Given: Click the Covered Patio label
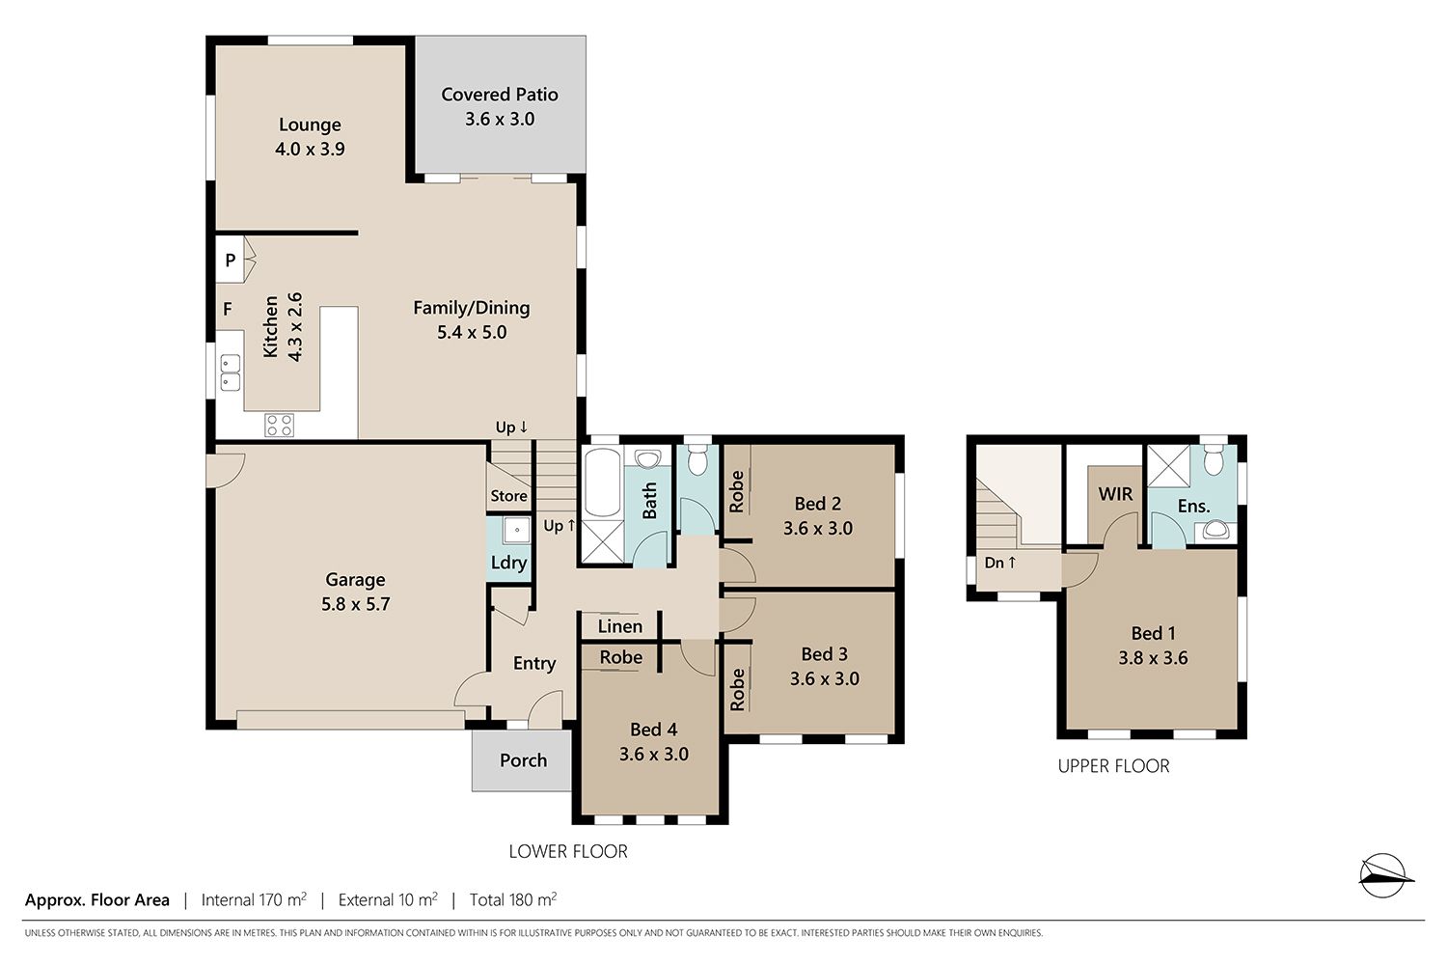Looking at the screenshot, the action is click(x=500, y=95).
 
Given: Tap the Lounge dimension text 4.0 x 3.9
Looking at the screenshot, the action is click(x=310, y=150).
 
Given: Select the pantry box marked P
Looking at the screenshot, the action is click(x=230, y=260).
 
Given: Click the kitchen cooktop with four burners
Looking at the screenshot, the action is click(x=280, y=426).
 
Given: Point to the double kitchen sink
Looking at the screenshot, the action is click(x=231, y=372).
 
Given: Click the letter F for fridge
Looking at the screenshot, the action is click(x=228, y=309).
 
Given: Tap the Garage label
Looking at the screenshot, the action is click(x=355, y=580).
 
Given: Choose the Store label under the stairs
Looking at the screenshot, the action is click(x=509, y=496).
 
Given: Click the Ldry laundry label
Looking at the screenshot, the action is click(x=509, y=563).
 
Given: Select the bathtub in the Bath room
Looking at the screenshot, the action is click(x=603, y=483).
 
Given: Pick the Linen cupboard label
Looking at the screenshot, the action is click(x=620, y=626).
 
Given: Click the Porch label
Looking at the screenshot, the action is click(x=523, y=760).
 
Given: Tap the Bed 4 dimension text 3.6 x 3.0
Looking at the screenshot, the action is click(x=654, y=755).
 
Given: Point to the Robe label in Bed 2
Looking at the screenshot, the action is click(x=737, y=492).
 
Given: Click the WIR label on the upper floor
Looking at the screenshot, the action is click(x=1115, y=494).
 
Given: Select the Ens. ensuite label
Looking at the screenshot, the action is click(x=1194, y=506).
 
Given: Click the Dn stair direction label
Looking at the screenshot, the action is click(x=1000, y=563).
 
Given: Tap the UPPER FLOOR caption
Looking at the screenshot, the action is click(x=1113, y=766).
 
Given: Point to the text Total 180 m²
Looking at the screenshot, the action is click(x=513, y=899).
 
